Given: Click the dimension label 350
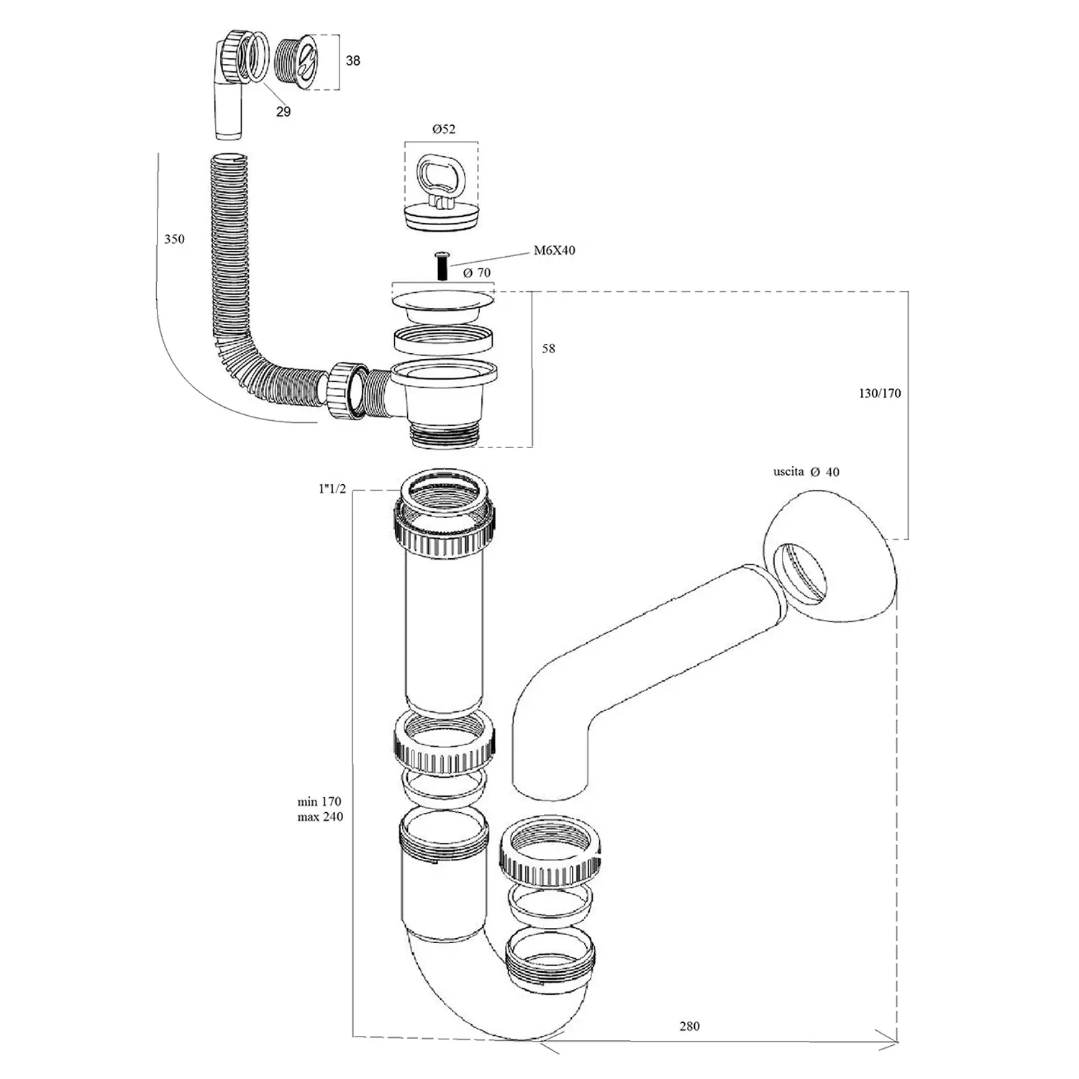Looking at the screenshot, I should (x=174, y=240).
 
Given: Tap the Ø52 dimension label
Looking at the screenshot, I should (x=443, y=129).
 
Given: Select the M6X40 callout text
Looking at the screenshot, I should (x=554, y=251).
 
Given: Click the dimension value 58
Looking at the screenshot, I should (x=548, y=349).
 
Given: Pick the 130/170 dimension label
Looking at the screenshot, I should (x=879, y=393).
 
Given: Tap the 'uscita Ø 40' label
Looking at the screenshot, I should (x=806, y=472).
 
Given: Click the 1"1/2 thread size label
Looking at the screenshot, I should (x=332, y=489).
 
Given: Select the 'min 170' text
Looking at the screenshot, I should (x=319, y=801).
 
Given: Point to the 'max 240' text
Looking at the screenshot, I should (x=320, y=817).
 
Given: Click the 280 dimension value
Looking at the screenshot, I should (x=689, y=1026).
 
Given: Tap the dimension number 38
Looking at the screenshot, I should (x=352, y=61).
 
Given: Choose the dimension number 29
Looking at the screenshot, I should (x=283, y=111).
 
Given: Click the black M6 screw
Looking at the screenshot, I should (x=442, y=267).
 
